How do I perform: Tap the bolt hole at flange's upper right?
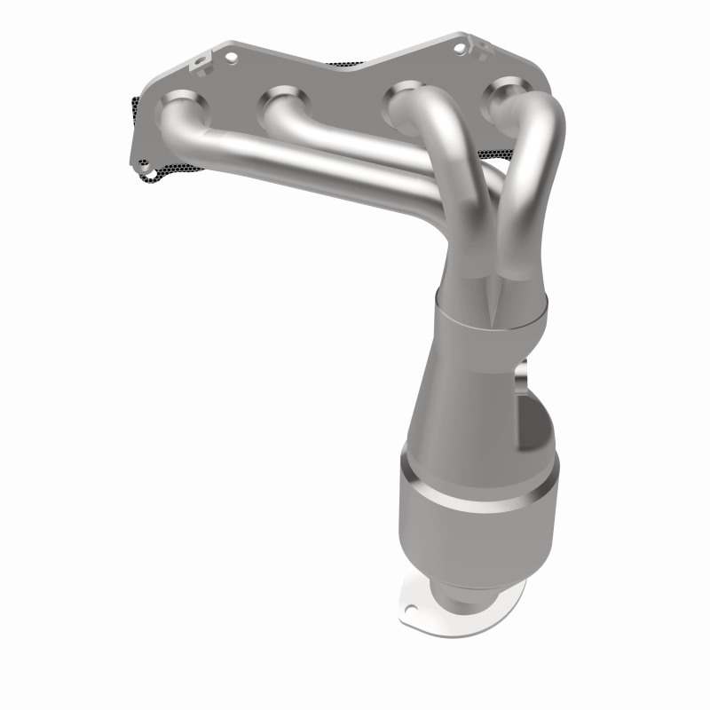click(460, 48)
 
